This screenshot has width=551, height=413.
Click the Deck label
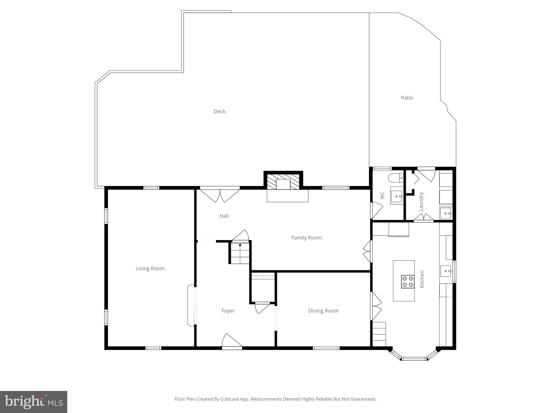[219, 111]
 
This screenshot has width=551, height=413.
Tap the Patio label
[407, 98]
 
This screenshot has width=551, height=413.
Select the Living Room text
[150, 268]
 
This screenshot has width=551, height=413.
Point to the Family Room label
[306, 238]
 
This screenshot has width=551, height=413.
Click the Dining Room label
[323, 311]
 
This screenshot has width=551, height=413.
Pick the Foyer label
[228, 311]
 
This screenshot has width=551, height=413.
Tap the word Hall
[224, 216]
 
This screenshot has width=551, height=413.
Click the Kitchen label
[422, 279]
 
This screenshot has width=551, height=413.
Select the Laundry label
[421, 201]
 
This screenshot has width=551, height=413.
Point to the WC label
[382, 195]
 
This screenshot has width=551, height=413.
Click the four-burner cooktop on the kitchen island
[407, 282]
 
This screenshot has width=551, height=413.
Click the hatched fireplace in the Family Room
[283, 181]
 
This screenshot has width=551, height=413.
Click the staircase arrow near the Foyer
[240, 245]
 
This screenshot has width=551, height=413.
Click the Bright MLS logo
[34, 402]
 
